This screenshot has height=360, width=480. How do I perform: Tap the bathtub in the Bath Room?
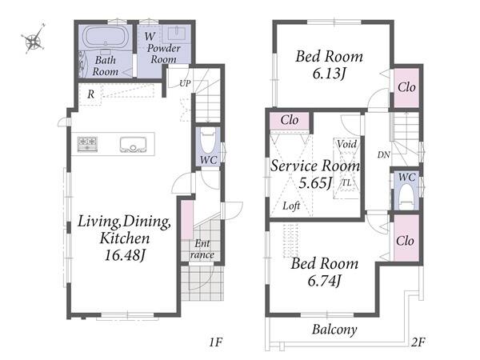pos(105,37)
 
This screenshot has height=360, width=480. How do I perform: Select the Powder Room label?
pos(164,54)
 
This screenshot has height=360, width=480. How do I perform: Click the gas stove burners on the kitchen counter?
pos(87,144)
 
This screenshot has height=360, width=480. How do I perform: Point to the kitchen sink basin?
pos(133,145)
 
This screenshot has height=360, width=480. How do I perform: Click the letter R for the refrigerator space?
pos(90,94)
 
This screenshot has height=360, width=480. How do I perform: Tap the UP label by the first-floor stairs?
pos(185,83)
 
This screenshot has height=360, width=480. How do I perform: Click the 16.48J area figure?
pos(124,255)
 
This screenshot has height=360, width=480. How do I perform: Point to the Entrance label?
pos(202,249)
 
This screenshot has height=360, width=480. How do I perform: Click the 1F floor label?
pos(216,342)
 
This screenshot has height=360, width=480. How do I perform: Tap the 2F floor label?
pos(418,342)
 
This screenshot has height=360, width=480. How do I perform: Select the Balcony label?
pos(334,330)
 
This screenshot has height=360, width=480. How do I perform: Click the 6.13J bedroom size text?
pos(329,74)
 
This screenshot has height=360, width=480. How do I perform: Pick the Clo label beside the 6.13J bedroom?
pos(406,87)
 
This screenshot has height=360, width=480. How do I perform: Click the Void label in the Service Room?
pos(347,144)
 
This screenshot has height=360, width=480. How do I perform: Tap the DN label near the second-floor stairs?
pos(383,155)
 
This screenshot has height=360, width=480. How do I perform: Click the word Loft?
pos(291,206)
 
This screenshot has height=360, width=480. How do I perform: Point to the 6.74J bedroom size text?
pos(324,281)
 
